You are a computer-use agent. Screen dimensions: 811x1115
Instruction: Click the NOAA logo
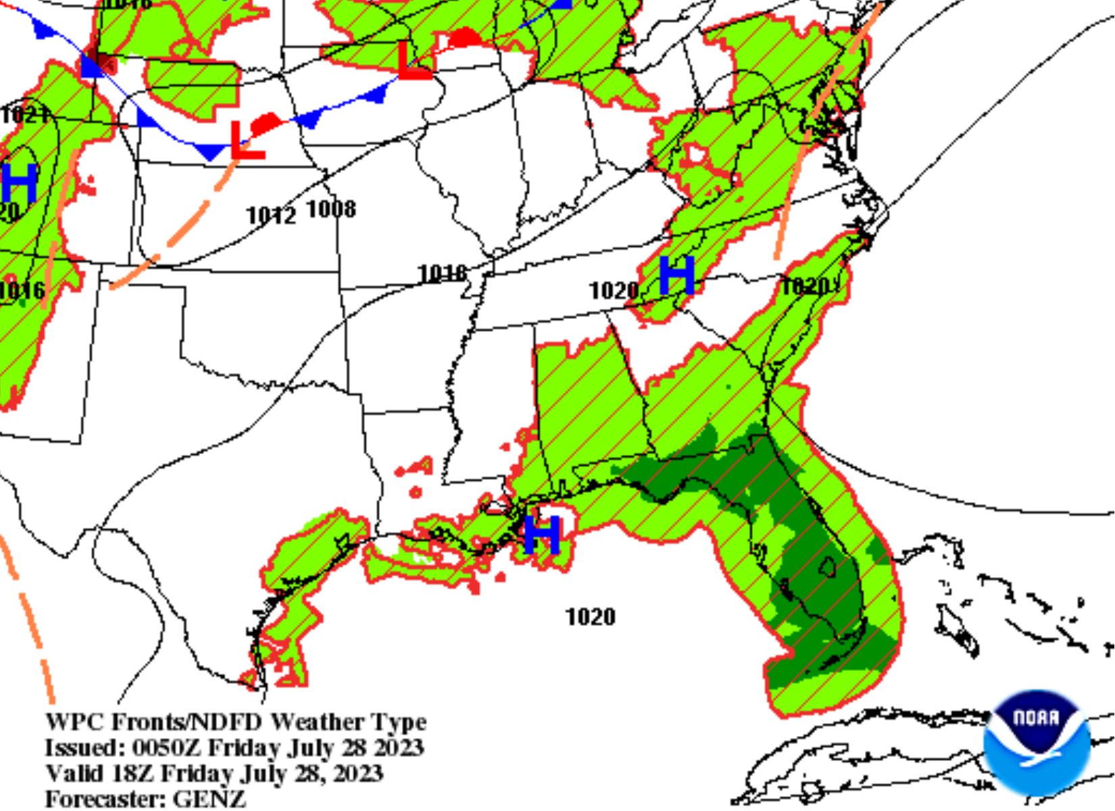(x=1036, y=742)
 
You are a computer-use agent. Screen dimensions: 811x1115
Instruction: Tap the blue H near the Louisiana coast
(x=542, y=535)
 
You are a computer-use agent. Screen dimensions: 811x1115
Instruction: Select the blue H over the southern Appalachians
(x=676, y=275)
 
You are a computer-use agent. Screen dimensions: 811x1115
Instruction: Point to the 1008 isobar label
(x=331, y=210)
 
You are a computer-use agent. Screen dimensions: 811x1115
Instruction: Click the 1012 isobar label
(x=271, y=216)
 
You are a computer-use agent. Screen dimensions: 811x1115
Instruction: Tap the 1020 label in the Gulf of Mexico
(x=591, y=616)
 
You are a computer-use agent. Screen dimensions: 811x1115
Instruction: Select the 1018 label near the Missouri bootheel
(x=443, y=273)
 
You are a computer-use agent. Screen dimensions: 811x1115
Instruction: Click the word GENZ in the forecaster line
(x=209, y=799)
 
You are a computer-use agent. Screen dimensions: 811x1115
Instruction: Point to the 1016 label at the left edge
(x=22, y=291)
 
